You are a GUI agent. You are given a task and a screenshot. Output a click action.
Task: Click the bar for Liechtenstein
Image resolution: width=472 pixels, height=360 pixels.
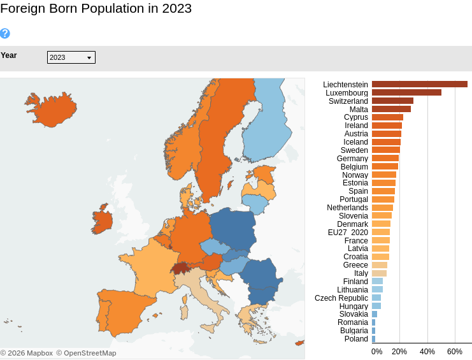pos(419,84)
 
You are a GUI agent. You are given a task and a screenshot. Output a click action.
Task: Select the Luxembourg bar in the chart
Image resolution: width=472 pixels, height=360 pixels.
pos(406,92)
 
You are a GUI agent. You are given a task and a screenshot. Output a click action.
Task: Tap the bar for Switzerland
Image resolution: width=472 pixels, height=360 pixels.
pos(392,101)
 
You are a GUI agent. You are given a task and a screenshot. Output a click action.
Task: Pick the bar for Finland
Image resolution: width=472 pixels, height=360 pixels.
pos(377,281)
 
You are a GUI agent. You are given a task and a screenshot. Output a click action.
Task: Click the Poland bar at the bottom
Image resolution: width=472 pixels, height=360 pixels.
pos(373,339)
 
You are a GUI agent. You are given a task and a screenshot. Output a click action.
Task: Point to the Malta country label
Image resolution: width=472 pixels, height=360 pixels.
pos(359,110)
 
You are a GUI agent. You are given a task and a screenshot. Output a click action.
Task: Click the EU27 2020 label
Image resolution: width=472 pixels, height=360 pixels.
pos(348,233)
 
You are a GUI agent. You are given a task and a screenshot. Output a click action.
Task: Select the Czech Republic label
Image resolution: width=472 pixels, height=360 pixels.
pos(341,298)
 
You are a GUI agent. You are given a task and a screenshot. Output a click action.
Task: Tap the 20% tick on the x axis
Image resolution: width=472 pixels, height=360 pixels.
pos(399,352)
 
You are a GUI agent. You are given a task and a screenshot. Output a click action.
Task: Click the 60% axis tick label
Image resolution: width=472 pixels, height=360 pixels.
pos(455,352)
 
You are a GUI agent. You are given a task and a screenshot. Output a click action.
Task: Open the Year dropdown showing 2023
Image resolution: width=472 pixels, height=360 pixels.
pos(71,57)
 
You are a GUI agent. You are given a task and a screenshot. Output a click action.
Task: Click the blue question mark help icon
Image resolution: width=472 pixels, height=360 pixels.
pos(5,33)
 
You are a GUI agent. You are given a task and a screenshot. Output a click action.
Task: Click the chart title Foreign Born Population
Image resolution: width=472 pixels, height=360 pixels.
pos(96,8)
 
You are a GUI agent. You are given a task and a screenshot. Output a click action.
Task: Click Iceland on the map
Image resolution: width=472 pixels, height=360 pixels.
pos(51,110)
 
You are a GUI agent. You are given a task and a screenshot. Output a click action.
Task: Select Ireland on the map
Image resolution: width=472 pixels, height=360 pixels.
pos(102,220)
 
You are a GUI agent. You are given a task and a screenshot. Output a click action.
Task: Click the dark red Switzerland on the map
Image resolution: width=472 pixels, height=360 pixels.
pos(182,268)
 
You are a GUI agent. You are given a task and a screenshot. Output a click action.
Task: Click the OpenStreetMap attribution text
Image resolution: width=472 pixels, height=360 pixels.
pos(86,353)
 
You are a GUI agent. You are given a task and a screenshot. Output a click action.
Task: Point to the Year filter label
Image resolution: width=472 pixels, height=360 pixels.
pos(9,55)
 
